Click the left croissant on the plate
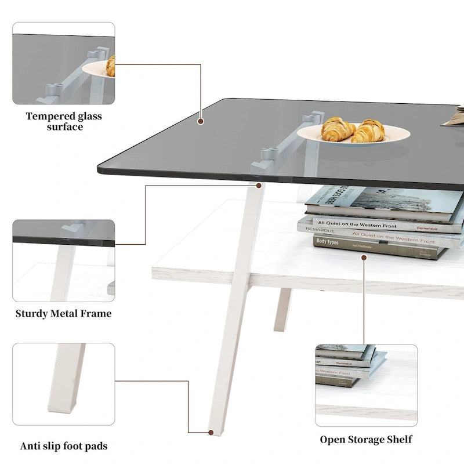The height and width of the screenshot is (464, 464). coord(338,129)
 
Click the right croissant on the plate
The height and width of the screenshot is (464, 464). coord(369,131)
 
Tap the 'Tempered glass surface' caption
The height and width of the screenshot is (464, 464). coord(64,121)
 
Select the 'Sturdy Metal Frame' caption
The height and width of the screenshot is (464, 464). coord(64,314)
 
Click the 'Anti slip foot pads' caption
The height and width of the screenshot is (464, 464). coord(64,446)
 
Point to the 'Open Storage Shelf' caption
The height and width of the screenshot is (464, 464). coord(367,439)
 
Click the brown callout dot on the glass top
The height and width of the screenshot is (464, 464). coord(201,122)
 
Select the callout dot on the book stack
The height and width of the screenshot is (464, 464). coord(364,257)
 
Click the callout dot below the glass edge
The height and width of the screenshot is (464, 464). coord(258,186)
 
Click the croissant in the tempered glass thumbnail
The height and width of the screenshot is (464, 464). coord(110,66)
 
